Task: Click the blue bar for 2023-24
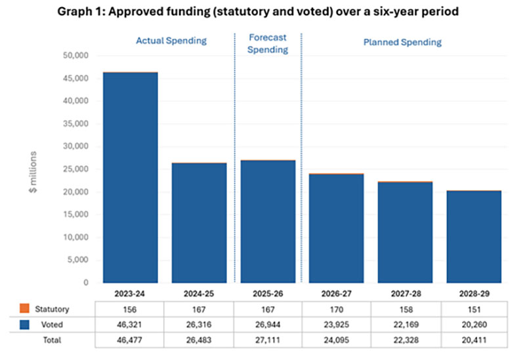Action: [130, 177]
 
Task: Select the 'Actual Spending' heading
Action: [171, 41]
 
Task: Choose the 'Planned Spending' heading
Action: [402, 42]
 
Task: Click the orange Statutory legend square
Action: [24, 308]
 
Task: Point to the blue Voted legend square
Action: [24, 324]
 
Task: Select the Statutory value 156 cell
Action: [130, 308]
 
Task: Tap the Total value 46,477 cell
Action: [130, 339]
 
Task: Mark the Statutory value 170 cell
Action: [336, 308]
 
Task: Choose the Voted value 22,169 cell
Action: [406, 324]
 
